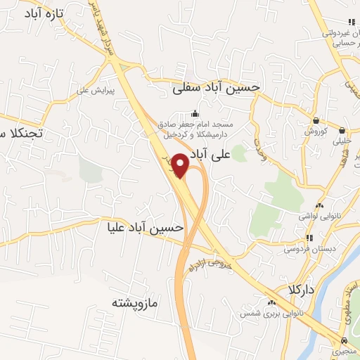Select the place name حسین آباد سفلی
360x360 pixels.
click(216, 87)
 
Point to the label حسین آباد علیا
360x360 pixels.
click(145, 228)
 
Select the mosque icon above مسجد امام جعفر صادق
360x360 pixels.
click(195, 114)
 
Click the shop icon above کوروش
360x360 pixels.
click(316, 120)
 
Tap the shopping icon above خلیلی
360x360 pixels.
click(342, 130)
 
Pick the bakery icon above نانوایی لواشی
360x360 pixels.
click(320, 206)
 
